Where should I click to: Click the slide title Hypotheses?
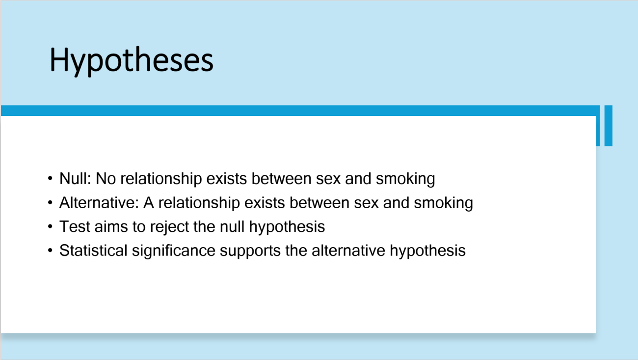[x=132, y=60]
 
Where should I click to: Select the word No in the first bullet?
[x=106, y=179]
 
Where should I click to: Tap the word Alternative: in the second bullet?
[x=99, y=203]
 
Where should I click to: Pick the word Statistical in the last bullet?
[x=93, y=250]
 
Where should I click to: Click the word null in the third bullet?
[x=232, y=226]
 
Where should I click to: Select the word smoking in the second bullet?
[x=443, y=203]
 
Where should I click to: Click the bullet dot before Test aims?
[x=50, y=226]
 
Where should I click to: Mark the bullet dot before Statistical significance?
[x=50, y=250]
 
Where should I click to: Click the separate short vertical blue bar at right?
[x=609, y=126]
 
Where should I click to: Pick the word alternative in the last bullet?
[x=348, y=250]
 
